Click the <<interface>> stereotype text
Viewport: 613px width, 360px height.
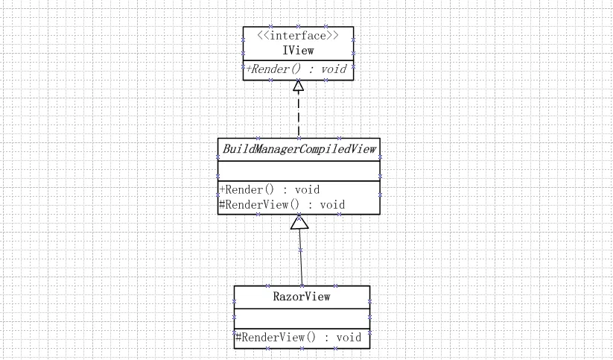298,36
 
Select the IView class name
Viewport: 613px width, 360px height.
298,51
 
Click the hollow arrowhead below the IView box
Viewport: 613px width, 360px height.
299,86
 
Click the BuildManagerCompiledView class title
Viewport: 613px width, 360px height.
299,148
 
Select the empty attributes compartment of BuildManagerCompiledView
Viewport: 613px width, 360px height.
299,170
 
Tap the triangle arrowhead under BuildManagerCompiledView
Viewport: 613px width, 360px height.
299,221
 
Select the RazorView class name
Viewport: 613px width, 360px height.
302,297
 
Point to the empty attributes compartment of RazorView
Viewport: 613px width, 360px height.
302,318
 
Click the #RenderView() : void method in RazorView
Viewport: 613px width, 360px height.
299,338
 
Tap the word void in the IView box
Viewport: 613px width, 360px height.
334,69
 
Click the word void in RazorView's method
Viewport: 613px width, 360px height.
349,338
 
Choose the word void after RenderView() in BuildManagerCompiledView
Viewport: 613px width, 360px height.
332,204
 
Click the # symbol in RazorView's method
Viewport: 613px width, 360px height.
239,338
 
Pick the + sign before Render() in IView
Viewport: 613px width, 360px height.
249,69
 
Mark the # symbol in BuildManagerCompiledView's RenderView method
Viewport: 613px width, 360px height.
223,204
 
